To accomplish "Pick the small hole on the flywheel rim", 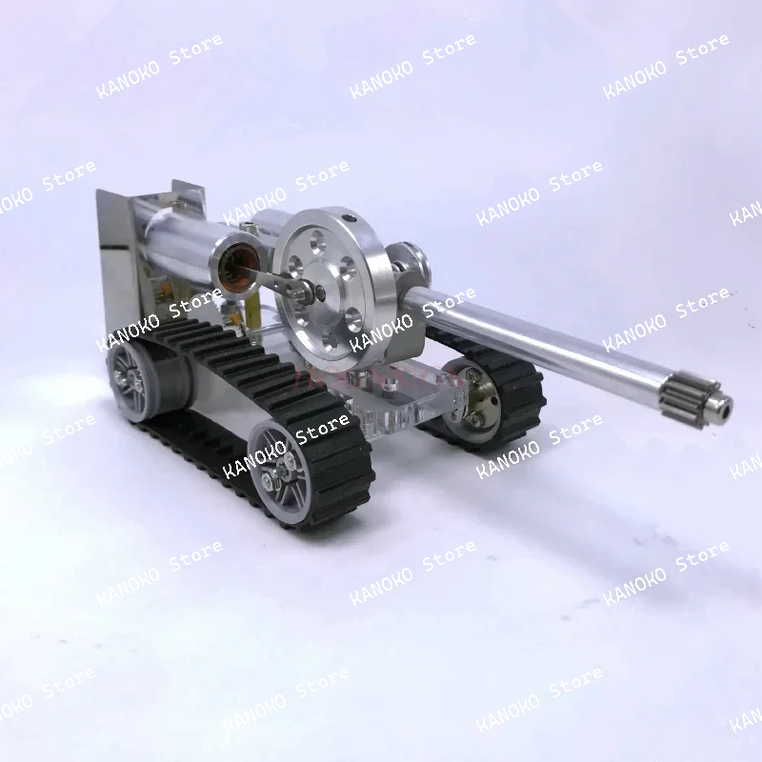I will [351, 217].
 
